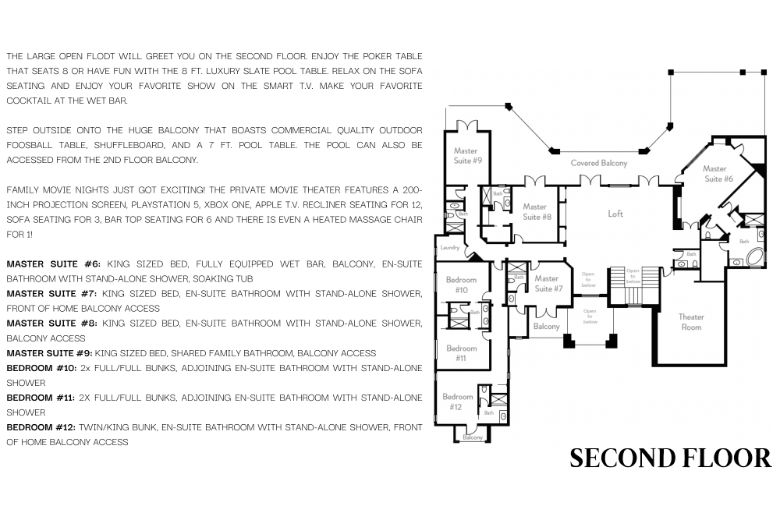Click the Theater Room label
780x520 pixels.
click(x=691, y=322)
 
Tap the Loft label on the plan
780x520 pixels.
click(x=615, y=214)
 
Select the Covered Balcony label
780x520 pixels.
click(x=599, y=163)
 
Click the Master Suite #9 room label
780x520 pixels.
click(x=467, y=155)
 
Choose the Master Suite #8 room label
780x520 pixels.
click(x=537, y=211)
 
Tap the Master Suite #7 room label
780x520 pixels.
click(x=548, y=283)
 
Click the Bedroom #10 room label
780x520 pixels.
click(x=461, y=285)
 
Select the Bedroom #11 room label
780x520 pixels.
click(x=461, y=352)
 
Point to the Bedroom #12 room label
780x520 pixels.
click(x=457, y=401)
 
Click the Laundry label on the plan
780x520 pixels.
click(x=450, y=248)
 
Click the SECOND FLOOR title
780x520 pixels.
click(x=670, y=458)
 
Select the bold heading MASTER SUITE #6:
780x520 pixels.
click(x=54, y=264)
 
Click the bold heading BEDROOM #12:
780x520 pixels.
click(x=41, y=427)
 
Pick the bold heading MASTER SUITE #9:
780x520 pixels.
click(x=49, y=353)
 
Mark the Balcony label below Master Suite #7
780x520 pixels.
click(x=546, y=327)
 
